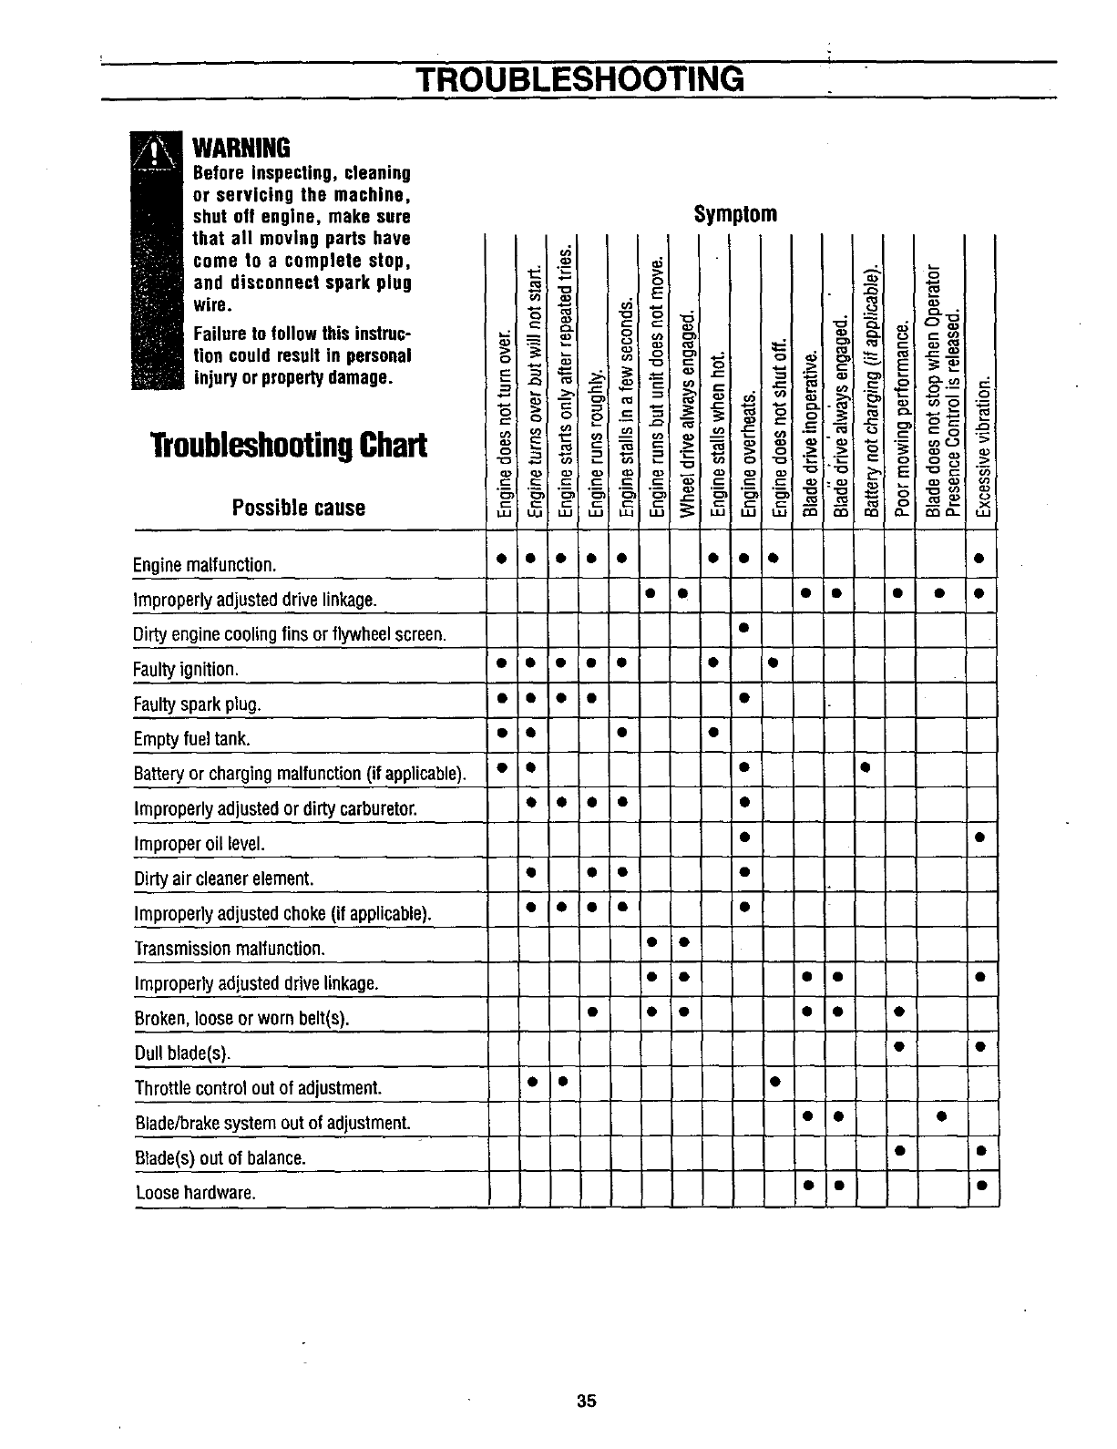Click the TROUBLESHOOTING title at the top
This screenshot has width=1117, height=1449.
580,78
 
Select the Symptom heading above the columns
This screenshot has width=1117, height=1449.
735,214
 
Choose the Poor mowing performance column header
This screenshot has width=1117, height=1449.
902,419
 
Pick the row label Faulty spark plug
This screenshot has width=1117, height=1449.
198,704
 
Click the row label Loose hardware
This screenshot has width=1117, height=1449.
195,1193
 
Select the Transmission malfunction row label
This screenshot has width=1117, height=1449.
229,949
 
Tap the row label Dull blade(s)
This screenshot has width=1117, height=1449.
182,1053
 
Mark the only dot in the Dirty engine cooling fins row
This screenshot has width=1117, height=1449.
744,628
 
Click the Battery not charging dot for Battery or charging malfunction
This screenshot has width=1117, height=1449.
866,766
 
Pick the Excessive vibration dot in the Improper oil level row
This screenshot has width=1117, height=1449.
980,837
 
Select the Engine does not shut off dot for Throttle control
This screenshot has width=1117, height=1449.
774,1082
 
